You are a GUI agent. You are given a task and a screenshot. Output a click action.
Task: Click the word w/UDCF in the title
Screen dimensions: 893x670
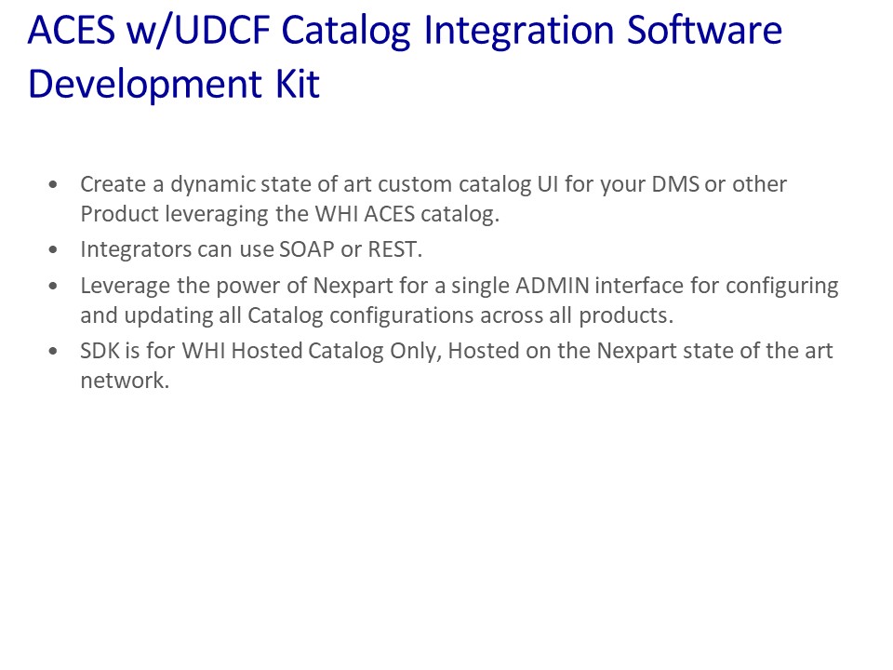(197, 30)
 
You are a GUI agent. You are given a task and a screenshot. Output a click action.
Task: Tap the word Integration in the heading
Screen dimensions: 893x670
(519, 32)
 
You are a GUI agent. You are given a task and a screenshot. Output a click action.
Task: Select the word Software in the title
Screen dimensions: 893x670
(704, 30)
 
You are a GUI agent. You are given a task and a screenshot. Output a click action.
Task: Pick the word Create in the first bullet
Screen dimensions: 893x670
(113, 184)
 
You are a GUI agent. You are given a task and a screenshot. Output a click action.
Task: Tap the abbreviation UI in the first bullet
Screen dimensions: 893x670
(548, 184)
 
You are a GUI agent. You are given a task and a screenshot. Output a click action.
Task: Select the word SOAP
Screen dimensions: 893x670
(307, 249)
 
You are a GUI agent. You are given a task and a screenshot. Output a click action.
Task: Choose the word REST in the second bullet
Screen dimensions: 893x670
(393, 249)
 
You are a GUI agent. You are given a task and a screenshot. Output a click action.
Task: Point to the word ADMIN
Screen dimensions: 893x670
(553, 286)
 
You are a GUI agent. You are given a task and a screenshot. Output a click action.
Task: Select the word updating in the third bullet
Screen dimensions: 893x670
(168, 316)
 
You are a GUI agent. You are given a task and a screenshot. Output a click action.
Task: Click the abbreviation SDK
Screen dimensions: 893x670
(100, 351)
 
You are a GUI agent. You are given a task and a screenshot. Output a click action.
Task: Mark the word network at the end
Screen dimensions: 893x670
(125, 381)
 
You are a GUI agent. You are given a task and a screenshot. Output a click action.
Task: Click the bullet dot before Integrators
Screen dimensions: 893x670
(53, 250)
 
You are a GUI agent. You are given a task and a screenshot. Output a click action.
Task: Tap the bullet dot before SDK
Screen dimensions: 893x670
(53, 351)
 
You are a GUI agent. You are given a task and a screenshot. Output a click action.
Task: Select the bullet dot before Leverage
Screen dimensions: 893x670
(53, 286)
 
